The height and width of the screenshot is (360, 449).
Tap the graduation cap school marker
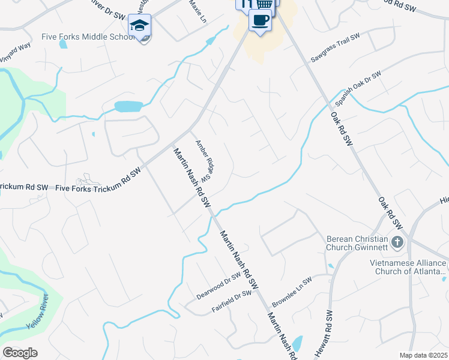tap(139, 26)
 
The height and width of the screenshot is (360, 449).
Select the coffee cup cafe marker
tap(259, 20)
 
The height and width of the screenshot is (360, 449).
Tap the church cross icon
tap(397, 242)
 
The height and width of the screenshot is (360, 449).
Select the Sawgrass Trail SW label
tap(336, 48)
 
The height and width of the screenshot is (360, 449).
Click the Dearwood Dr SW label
tap(218, 287)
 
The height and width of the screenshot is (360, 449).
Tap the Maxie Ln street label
tap(197, 11)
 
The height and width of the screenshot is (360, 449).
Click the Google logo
tap(20, 353)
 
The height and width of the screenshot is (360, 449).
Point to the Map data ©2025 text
tap(423, 355)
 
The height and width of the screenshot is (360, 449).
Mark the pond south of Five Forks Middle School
tap(128, 107)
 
